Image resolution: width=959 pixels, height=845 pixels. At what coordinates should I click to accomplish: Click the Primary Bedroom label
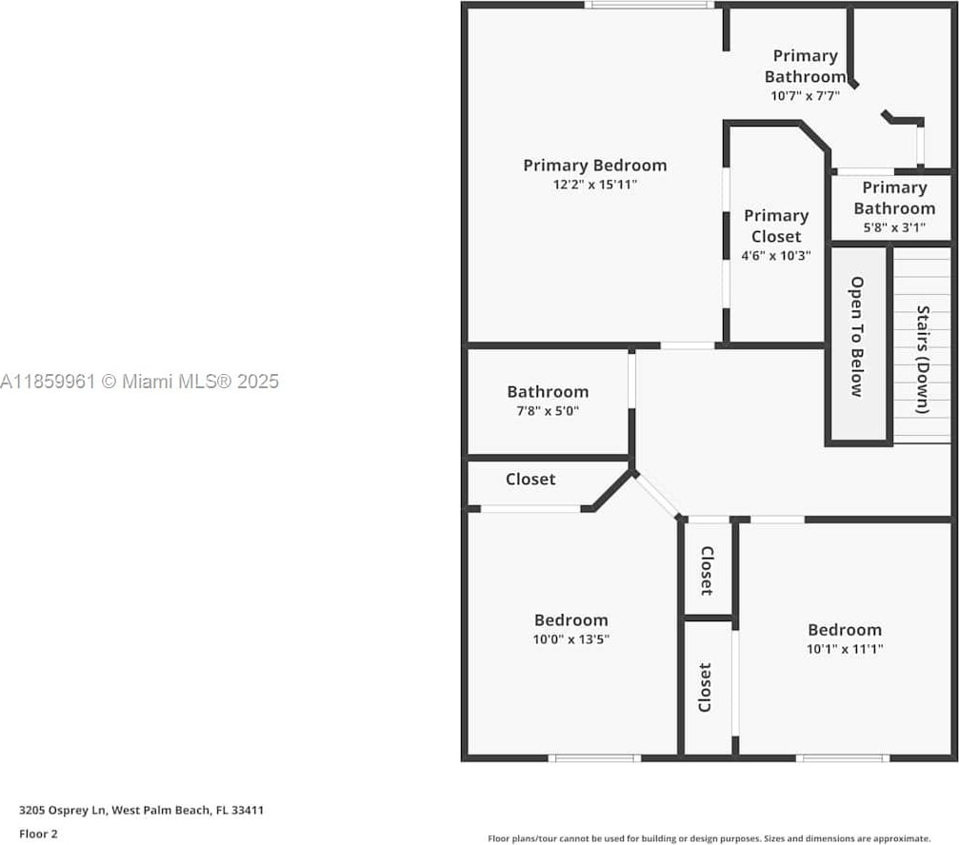click(x=594, y=166)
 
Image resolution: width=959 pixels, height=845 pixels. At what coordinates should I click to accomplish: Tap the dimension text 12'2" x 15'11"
click(x=594, y=185)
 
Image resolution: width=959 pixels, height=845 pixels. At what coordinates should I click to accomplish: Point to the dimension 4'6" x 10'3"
click(x=776, y=255)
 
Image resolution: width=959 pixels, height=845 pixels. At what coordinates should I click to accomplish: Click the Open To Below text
click(x=857, y=336)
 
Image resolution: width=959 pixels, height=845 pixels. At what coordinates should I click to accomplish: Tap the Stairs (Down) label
click(x=922, y=359)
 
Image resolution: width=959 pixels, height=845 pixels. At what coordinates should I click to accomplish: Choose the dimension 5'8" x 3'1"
click(x=893, y=227)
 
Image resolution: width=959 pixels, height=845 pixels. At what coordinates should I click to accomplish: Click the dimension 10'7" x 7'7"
click(x=805, y=95)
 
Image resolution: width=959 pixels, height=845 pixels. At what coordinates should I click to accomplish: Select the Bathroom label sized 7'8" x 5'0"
click(x=548, y=391)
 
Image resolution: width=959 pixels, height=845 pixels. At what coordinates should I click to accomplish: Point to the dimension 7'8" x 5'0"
click(x=548, y=411)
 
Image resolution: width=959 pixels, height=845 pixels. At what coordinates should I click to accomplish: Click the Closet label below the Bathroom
click(x=530, y=479)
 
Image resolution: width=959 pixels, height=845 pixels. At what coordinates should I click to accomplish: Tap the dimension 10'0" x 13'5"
click(x=570, y=639)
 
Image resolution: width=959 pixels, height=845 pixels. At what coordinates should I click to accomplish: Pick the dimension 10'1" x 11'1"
click(x=845, y=649)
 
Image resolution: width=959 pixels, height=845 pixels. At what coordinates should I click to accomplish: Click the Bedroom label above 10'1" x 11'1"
click(x=845, y=629)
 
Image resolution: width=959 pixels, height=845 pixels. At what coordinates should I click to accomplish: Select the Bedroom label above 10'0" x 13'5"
click(x=570, y=620)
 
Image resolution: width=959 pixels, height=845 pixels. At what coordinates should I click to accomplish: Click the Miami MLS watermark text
click(x=140, y=382)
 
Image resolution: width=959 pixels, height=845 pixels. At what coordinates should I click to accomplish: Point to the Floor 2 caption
click(x=39, y=834)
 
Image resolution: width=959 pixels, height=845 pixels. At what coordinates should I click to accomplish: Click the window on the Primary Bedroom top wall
click(x=649, y=5)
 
